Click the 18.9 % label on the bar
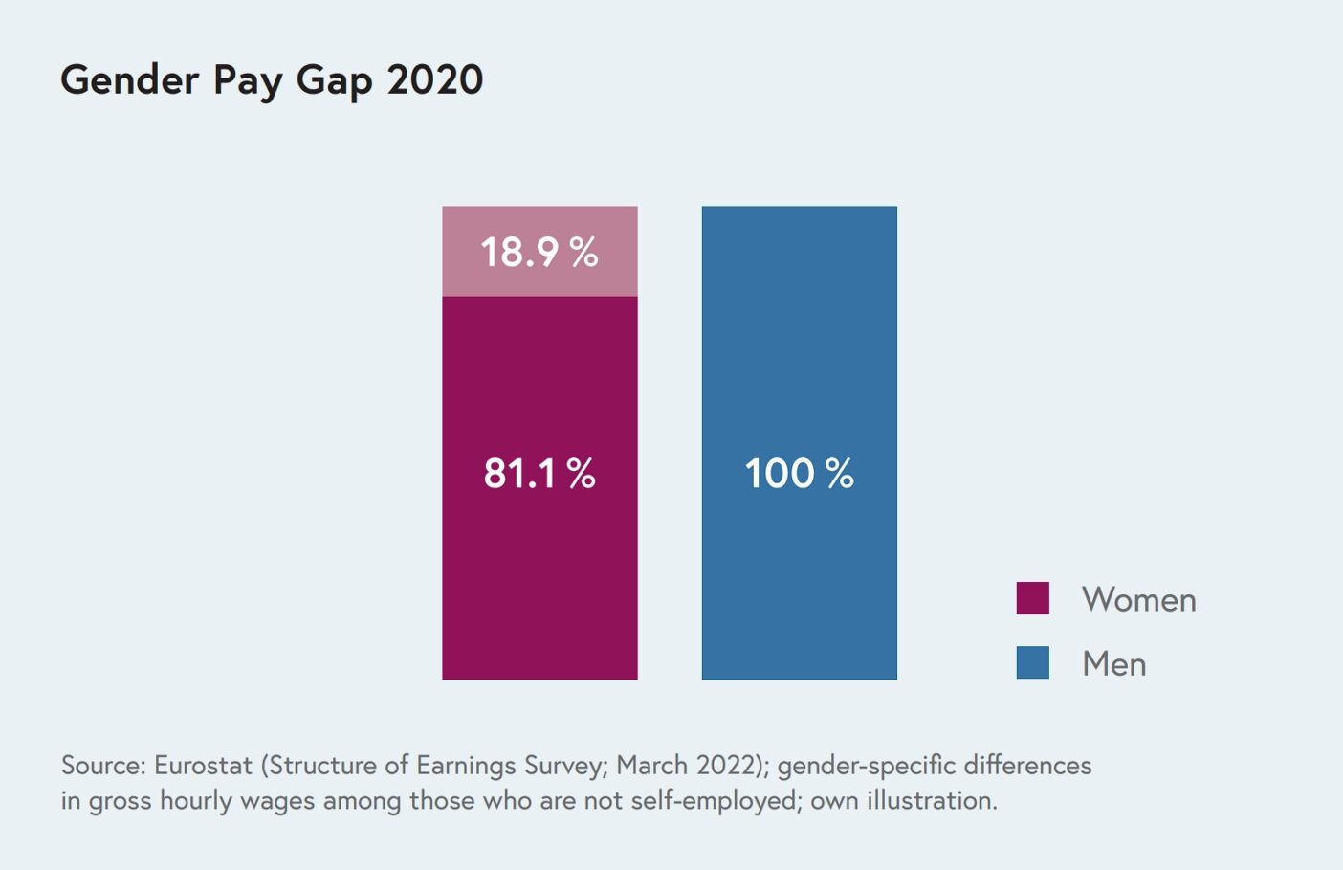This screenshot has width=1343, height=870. click(x=539, y=253)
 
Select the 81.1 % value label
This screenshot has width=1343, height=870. click(x=539, y=474)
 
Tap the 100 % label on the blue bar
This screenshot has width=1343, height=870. click(x=799, y=474)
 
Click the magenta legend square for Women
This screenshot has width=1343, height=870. click(x=1032, y=598)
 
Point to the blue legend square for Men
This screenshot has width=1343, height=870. click(x=1032, y=662)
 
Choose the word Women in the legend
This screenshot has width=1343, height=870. click(x=1138, y=600)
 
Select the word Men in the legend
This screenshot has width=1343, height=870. click(x=1113, y=664)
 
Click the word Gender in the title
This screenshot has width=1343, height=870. click(x=129, y=79)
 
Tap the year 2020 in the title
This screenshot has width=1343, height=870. click(x=435, y=79)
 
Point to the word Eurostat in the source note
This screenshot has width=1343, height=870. click(x=203, y=766)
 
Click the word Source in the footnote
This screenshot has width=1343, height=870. click(x=102, y=766)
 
